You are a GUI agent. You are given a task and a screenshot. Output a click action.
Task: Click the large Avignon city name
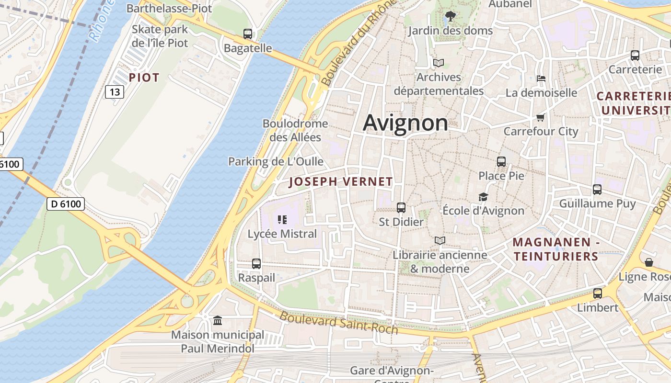point(405,123)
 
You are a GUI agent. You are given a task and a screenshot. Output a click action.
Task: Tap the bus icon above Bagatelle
point(247,34)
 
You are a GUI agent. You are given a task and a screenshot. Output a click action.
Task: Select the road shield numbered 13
point(115,91)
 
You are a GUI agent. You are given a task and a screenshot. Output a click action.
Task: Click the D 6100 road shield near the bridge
point(66,204)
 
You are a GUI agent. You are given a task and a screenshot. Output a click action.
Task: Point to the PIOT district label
point(144,78)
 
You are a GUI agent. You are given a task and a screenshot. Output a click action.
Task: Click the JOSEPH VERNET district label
point(341,182)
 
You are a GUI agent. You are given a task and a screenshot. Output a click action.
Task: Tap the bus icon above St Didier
point(401,208)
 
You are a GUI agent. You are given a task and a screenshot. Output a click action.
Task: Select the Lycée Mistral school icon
point(282,220)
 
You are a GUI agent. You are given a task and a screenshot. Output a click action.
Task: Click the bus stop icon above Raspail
point(256,263)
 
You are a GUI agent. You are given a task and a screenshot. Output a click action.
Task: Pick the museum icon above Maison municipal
point(218,320)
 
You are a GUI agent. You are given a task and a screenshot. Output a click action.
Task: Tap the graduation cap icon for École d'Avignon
point(483,197)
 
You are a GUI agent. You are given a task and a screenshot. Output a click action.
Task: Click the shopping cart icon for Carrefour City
point(541,117)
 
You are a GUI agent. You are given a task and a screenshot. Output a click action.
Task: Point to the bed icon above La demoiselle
point(541,78)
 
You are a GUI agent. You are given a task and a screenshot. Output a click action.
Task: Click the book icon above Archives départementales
point(438,63)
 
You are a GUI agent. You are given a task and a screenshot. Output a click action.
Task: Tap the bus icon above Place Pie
point(501,162)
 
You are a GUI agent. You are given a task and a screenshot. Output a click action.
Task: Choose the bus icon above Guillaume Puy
point(597,190)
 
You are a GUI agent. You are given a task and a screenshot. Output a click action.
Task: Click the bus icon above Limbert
point(598,293)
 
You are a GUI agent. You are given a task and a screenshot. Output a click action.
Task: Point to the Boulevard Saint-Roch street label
point(339,322)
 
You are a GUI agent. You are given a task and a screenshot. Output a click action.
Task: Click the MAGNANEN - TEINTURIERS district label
point(556,249)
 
